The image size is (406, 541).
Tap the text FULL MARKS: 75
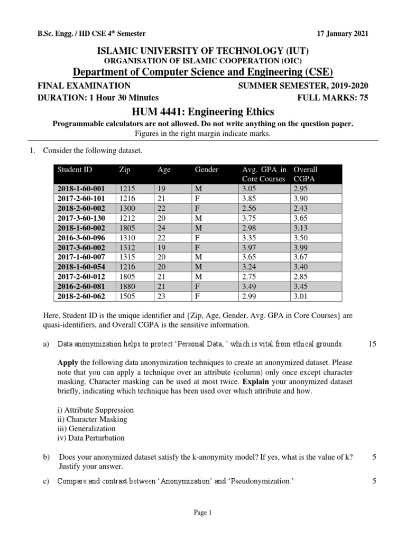(x=333, y=97)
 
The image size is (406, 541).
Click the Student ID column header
(x=75, y=170)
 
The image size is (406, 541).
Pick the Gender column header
(x=207, y=170)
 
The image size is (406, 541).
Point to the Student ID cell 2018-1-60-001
(x=81, y=188)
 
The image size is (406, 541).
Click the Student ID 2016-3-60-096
(x=81, y=238)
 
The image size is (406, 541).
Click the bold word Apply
(x=68, y=363)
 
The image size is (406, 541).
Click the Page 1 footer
(x=202, y=512)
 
